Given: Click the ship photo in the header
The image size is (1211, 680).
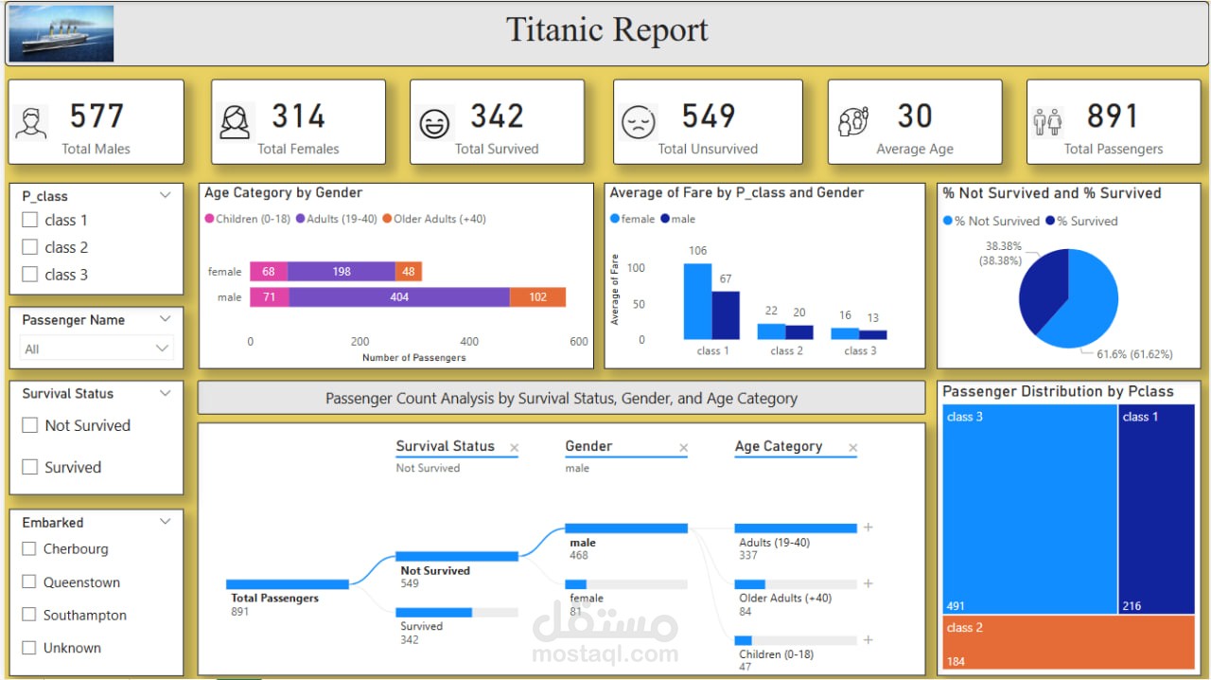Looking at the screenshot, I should coord(61,33).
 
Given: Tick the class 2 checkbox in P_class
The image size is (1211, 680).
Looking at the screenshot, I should coord(29,247).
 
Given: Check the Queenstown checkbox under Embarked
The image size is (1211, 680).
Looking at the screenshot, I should coord(29,582).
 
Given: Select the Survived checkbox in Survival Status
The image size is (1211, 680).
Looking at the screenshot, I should coord(29,467).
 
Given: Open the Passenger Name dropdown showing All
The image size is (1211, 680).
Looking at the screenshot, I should coord(97,349).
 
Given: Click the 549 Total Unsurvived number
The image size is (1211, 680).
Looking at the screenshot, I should coord(708,116).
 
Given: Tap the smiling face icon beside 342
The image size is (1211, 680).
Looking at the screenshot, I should coord(434,124).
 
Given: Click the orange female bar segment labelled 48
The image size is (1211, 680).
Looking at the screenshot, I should coord(409,272).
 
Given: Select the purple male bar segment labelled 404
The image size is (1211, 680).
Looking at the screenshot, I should coord(399,297).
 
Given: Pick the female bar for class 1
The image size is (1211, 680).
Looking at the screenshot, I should coord(697,300).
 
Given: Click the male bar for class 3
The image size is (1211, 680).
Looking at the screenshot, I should coord(873,334).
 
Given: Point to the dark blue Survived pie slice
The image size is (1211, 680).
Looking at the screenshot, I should coord(1041,289).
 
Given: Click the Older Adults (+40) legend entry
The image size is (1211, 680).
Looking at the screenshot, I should coord(434,219).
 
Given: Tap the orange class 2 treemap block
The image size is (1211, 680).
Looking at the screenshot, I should coord(1068,642).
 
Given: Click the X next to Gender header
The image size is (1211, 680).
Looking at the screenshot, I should coord(683,448).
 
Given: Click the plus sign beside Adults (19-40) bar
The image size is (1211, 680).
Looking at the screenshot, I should coord(869,528).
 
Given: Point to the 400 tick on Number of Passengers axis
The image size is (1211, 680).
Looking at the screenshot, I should coord(469,342).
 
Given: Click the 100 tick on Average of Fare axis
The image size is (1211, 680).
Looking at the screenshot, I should coord(636,268).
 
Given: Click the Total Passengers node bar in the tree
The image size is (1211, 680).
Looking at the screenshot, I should coord(287,584).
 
